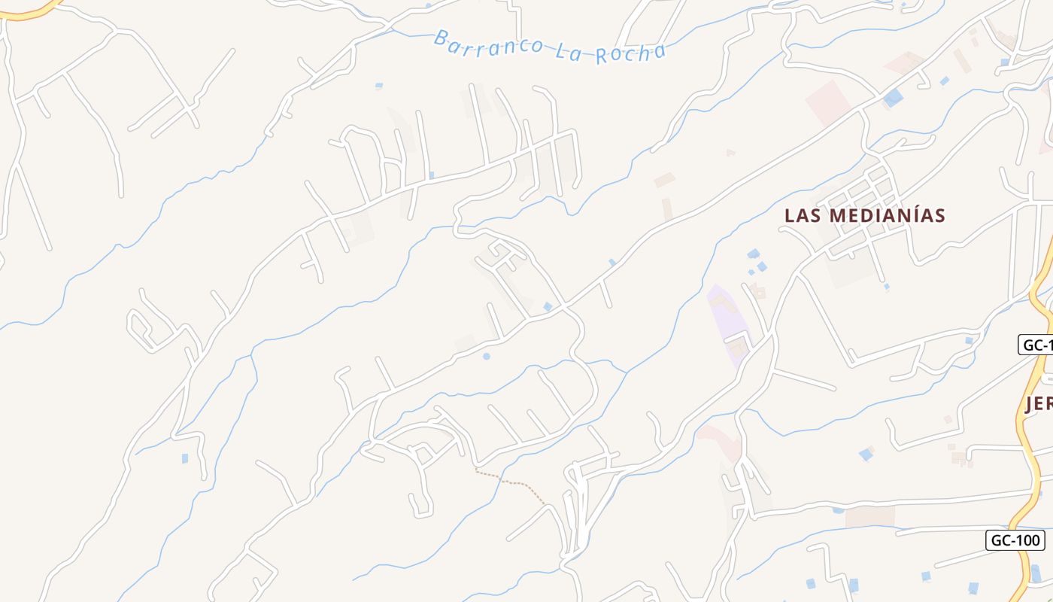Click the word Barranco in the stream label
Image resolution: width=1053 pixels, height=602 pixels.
[x=488, y=44]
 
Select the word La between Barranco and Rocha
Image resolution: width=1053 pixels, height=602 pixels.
[x=566, y=51]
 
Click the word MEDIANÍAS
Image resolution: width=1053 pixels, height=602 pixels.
[x=887, y=216]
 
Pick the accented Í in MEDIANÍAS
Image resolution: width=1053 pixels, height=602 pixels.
[x=916, y=215]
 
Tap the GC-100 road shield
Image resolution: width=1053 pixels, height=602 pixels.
[x=1015, y=540]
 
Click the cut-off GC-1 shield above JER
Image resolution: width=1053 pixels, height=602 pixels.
[x=1036, y=345]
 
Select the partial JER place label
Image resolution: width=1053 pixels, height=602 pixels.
[x=1039, y=404]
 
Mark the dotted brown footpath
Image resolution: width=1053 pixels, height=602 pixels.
[x=511, y=481]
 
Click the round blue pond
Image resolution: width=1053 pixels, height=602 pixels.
[x=486, y=356]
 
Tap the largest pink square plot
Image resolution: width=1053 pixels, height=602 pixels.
[x=827, y=102]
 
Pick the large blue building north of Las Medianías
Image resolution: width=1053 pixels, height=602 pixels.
[x=893, y=97]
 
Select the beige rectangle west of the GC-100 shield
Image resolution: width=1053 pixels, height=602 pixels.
[x=869, y=516]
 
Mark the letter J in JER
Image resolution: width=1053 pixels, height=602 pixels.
[x=1030, y=404]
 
